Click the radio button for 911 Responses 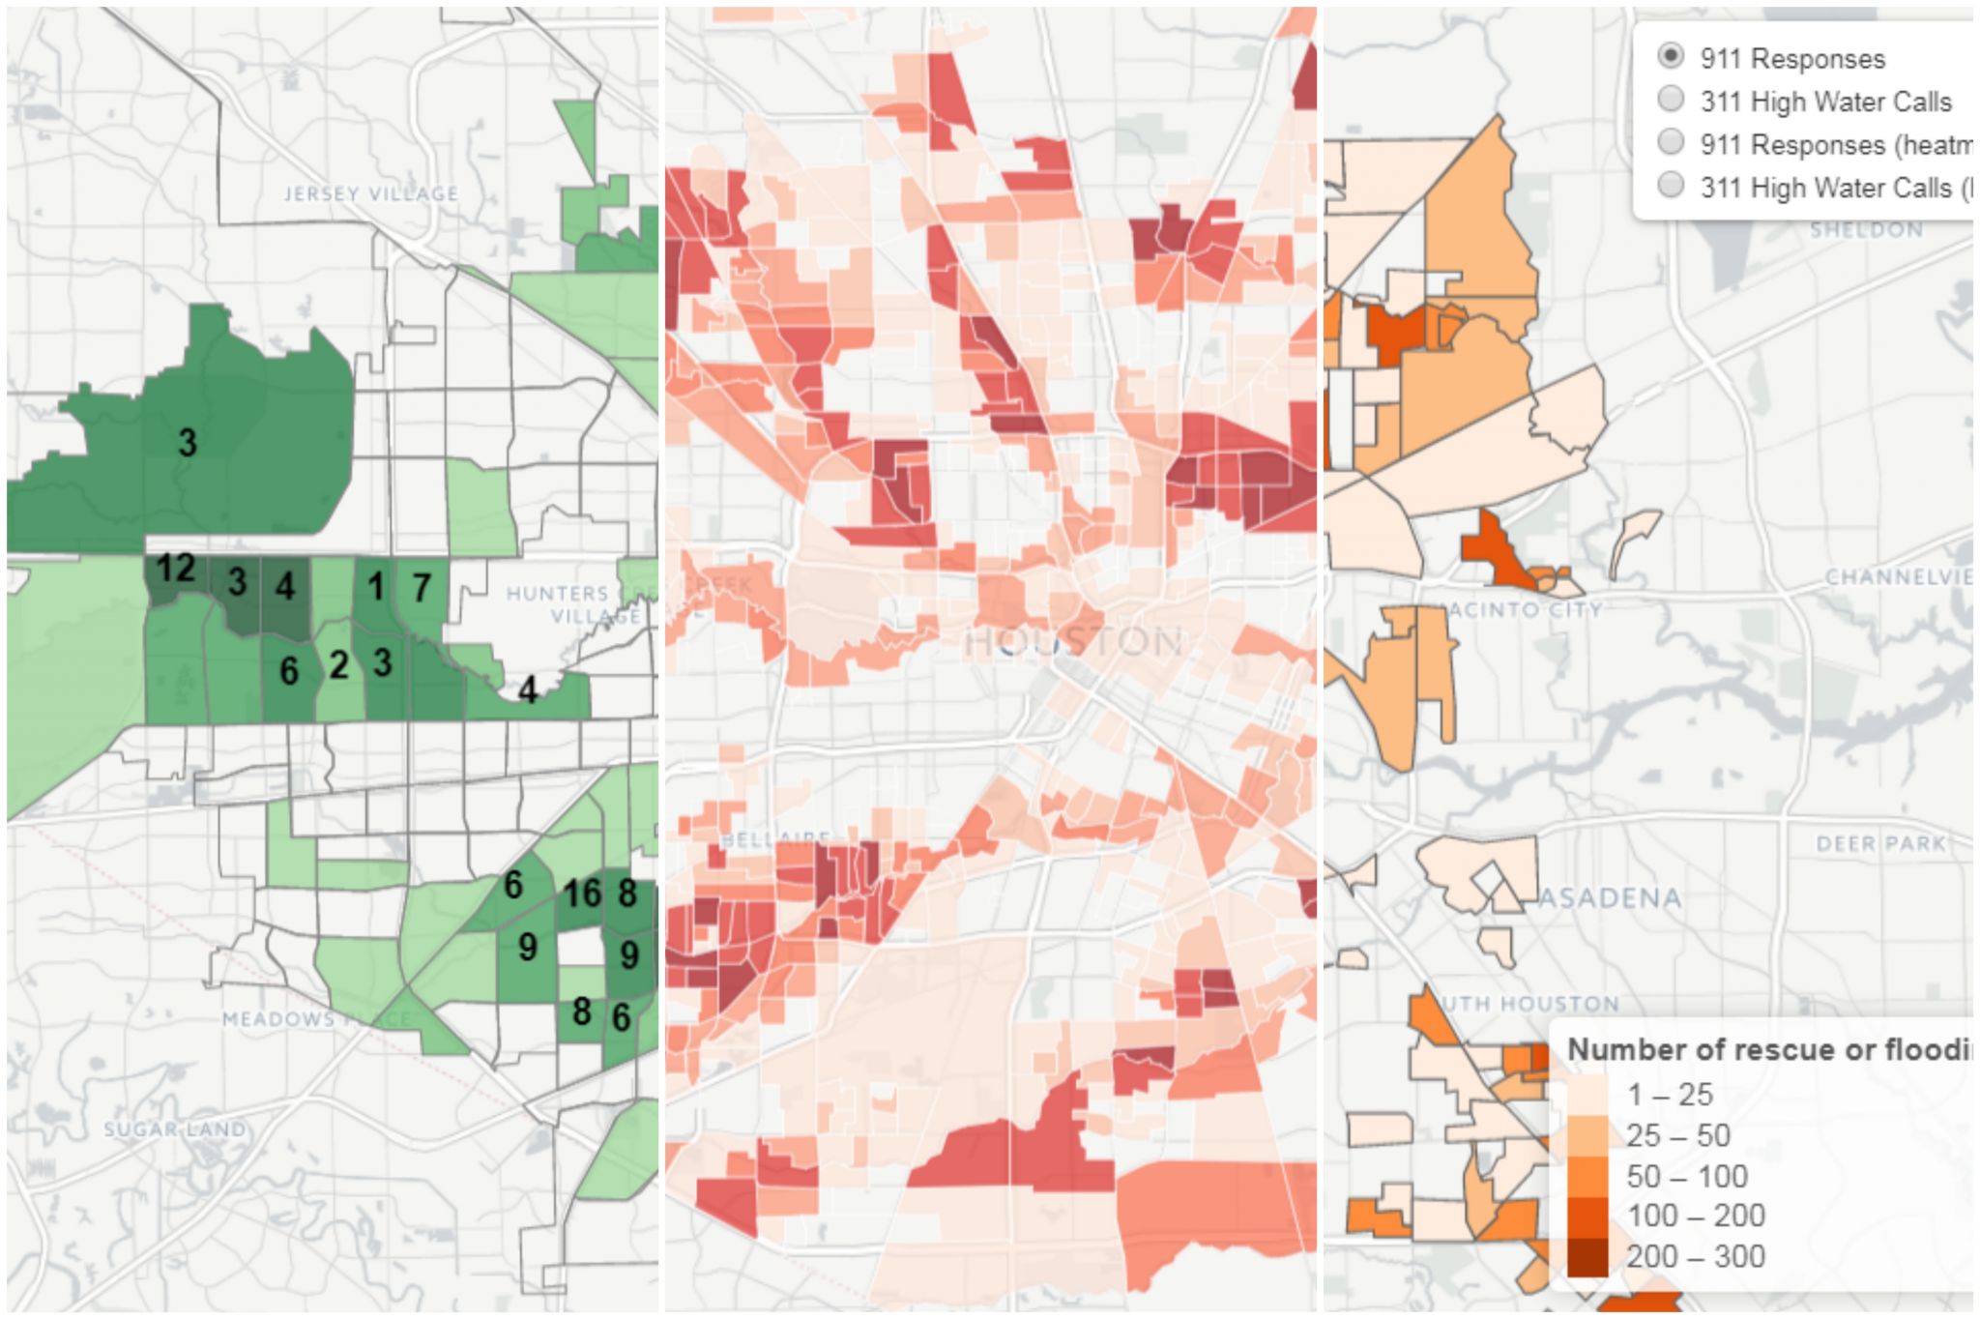coord(1671,56)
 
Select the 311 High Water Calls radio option coord(1671,100)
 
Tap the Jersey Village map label coord(371,193)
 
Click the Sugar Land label coord(175,1128)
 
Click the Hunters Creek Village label coord(574,604)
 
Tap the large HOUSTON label coord(1073,642)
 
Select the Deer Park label coord(1880,843)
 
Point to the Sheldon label coord(1866,230)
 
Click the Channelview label coord(1898,577)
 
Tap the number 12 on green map coord(176,569)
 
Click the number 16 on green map coord(583,894)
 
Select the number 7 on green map coord(422,587)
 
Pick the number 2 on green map coord(338,665)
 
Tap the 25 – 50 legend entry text coord(1677,1135)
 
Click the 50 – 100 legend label coord(1686,1177)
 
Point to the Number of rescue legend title coord(1769,1049)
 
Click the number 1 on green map coord(376,586)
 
